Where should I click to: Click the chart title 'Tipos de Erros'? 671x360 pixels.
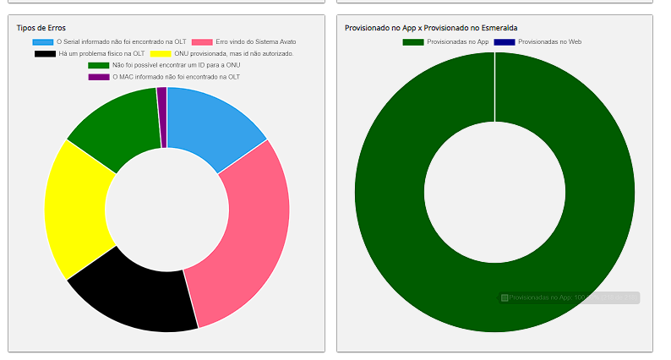41,28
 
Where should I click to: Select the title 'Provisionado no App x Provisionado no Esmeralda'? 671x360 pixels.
431,28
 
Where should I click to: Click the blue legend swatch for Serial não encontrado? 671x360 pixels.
43,41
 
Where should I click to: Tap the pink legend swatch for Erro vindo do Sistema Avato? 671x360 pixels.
202,41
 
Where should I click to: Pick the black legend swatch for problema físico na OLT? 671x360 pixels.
45,53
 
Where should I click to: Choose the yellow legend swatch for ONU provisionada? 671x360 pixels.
161,53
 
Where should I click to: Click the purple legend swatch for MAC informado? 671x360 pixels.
99,77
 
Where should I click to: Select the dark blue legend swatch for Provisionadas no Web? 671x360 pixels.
504,41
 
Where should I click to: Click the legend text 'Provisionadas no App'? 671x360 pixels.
457,41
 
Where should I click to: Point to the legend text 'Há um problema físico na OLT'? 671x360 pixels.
101,53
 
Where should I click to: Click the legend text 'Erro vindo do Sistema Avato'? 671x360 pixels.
255,41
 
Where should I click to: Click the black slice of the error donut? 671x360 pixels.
135,296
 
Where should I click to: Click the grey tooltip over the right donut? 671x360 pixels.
568,297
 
